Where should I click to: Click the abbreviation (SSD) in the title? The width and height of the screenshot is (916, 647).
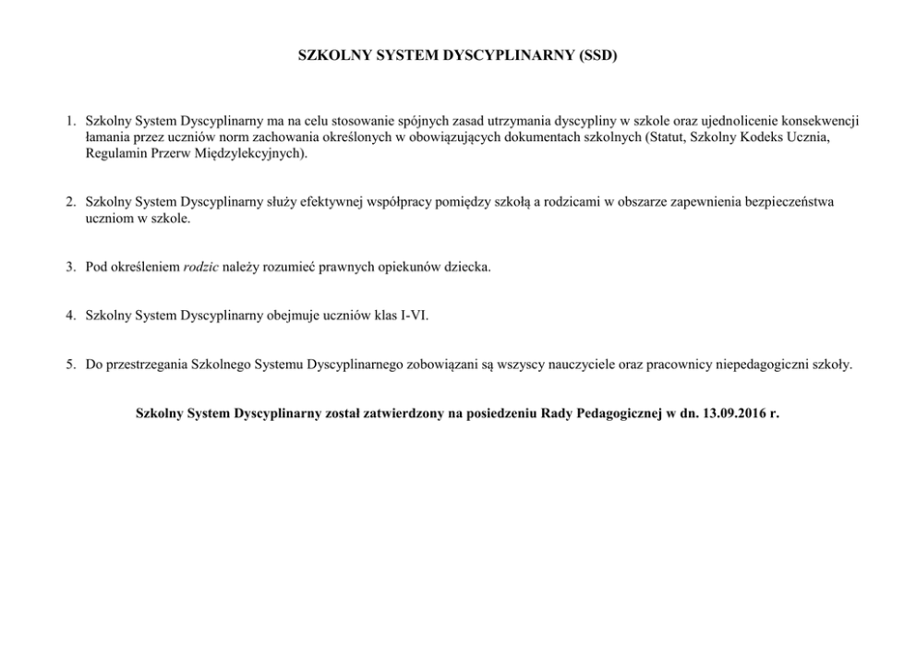tap(597, 55)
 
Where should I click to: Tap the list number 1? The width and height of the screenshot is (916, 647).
tap(70, 121)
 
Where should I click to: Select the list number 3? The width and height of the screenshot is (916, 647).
tap(70, 268)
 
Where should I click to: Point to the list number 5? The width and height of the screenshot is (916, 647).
tap(70, 365)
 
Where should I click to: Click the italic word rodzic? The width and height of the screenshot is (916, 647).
tap(201, 268)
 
